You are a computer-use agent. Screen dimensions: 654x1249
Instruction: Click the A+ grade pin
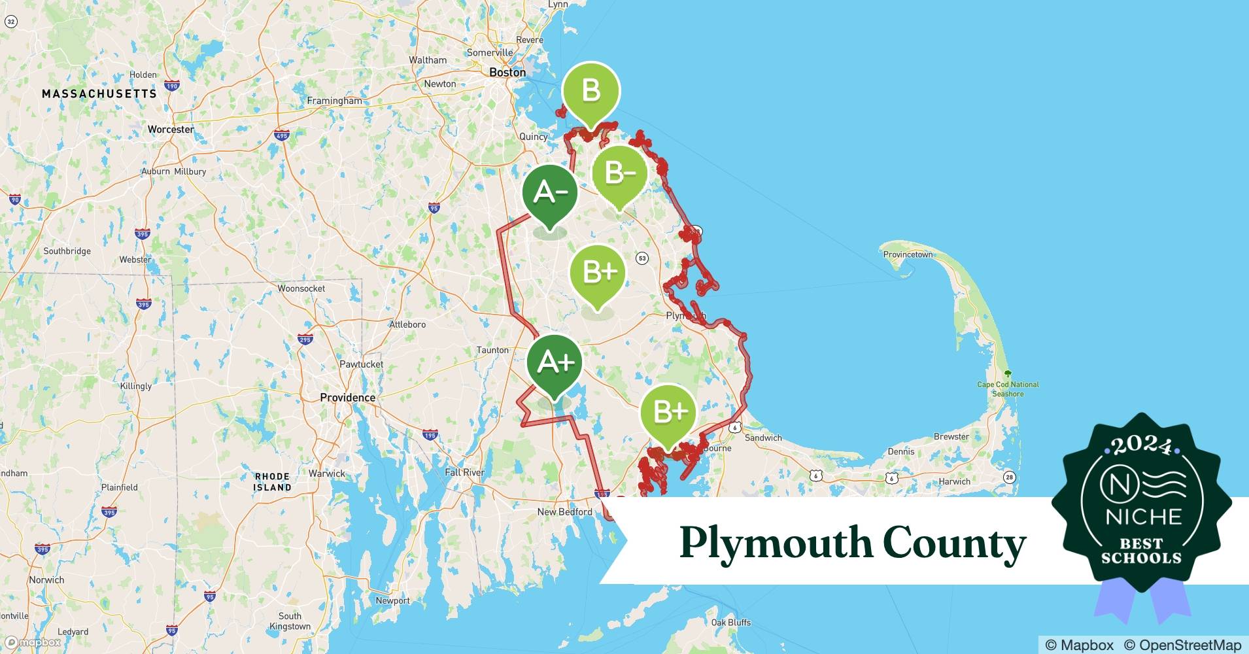point(555,364)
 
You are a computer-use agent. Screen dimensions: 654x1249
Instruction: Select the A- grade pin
point(550,194)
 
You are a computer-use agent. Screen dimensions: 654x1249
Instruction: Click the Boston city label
point(507,73)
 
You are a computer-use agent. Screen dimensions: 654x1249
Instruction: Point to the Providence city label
point(347,398)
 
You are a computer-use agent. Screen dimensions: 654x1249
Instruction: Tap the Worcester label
point(171,129)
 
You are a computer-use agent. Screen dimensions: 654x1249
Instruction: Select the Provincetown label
point(908,254)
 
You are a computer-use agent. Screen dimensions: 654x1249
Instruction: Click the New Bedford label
point(564,512)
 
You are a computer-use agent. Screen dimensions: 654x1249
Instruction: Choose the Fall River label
point(464,472)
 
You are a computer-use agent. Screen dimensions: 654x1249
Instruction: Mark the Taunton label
point(492,351)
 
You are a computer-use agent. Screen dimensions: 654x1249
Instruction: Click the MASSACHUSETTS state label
point(99,94)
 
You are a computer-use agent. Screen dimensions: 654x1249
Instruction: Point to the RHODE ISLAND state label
point(273,482)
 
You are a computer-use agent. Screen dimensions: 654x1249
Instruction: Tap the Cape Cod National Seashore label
point(1008,389)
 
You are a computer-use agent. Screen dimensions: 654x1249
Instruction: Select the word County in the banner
point(954,543)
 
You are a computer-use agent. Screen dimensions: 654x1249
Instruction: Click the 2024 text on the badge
point(1142,446)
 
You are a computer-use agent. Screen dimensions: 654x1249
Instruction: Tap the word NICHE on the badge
point(1143,517)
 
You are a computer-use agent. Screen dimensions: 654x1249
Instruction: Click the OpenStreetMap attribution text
point(1182,645)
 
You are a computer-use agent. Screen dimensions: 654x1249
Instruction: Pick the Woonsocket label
point(301,288)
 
